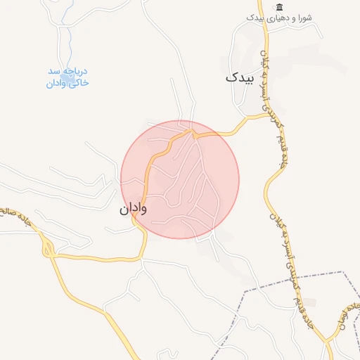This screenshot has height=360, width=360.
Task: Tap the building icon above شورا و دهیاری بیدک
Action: pyautogui.click(x=280, y=6)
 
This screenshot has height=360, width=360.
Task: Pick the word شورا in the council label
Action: pyautogui.click(x=304, y=17)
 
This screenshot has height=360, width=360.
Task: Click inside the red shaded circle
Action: pyautogui.click(x=180, y=179)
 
